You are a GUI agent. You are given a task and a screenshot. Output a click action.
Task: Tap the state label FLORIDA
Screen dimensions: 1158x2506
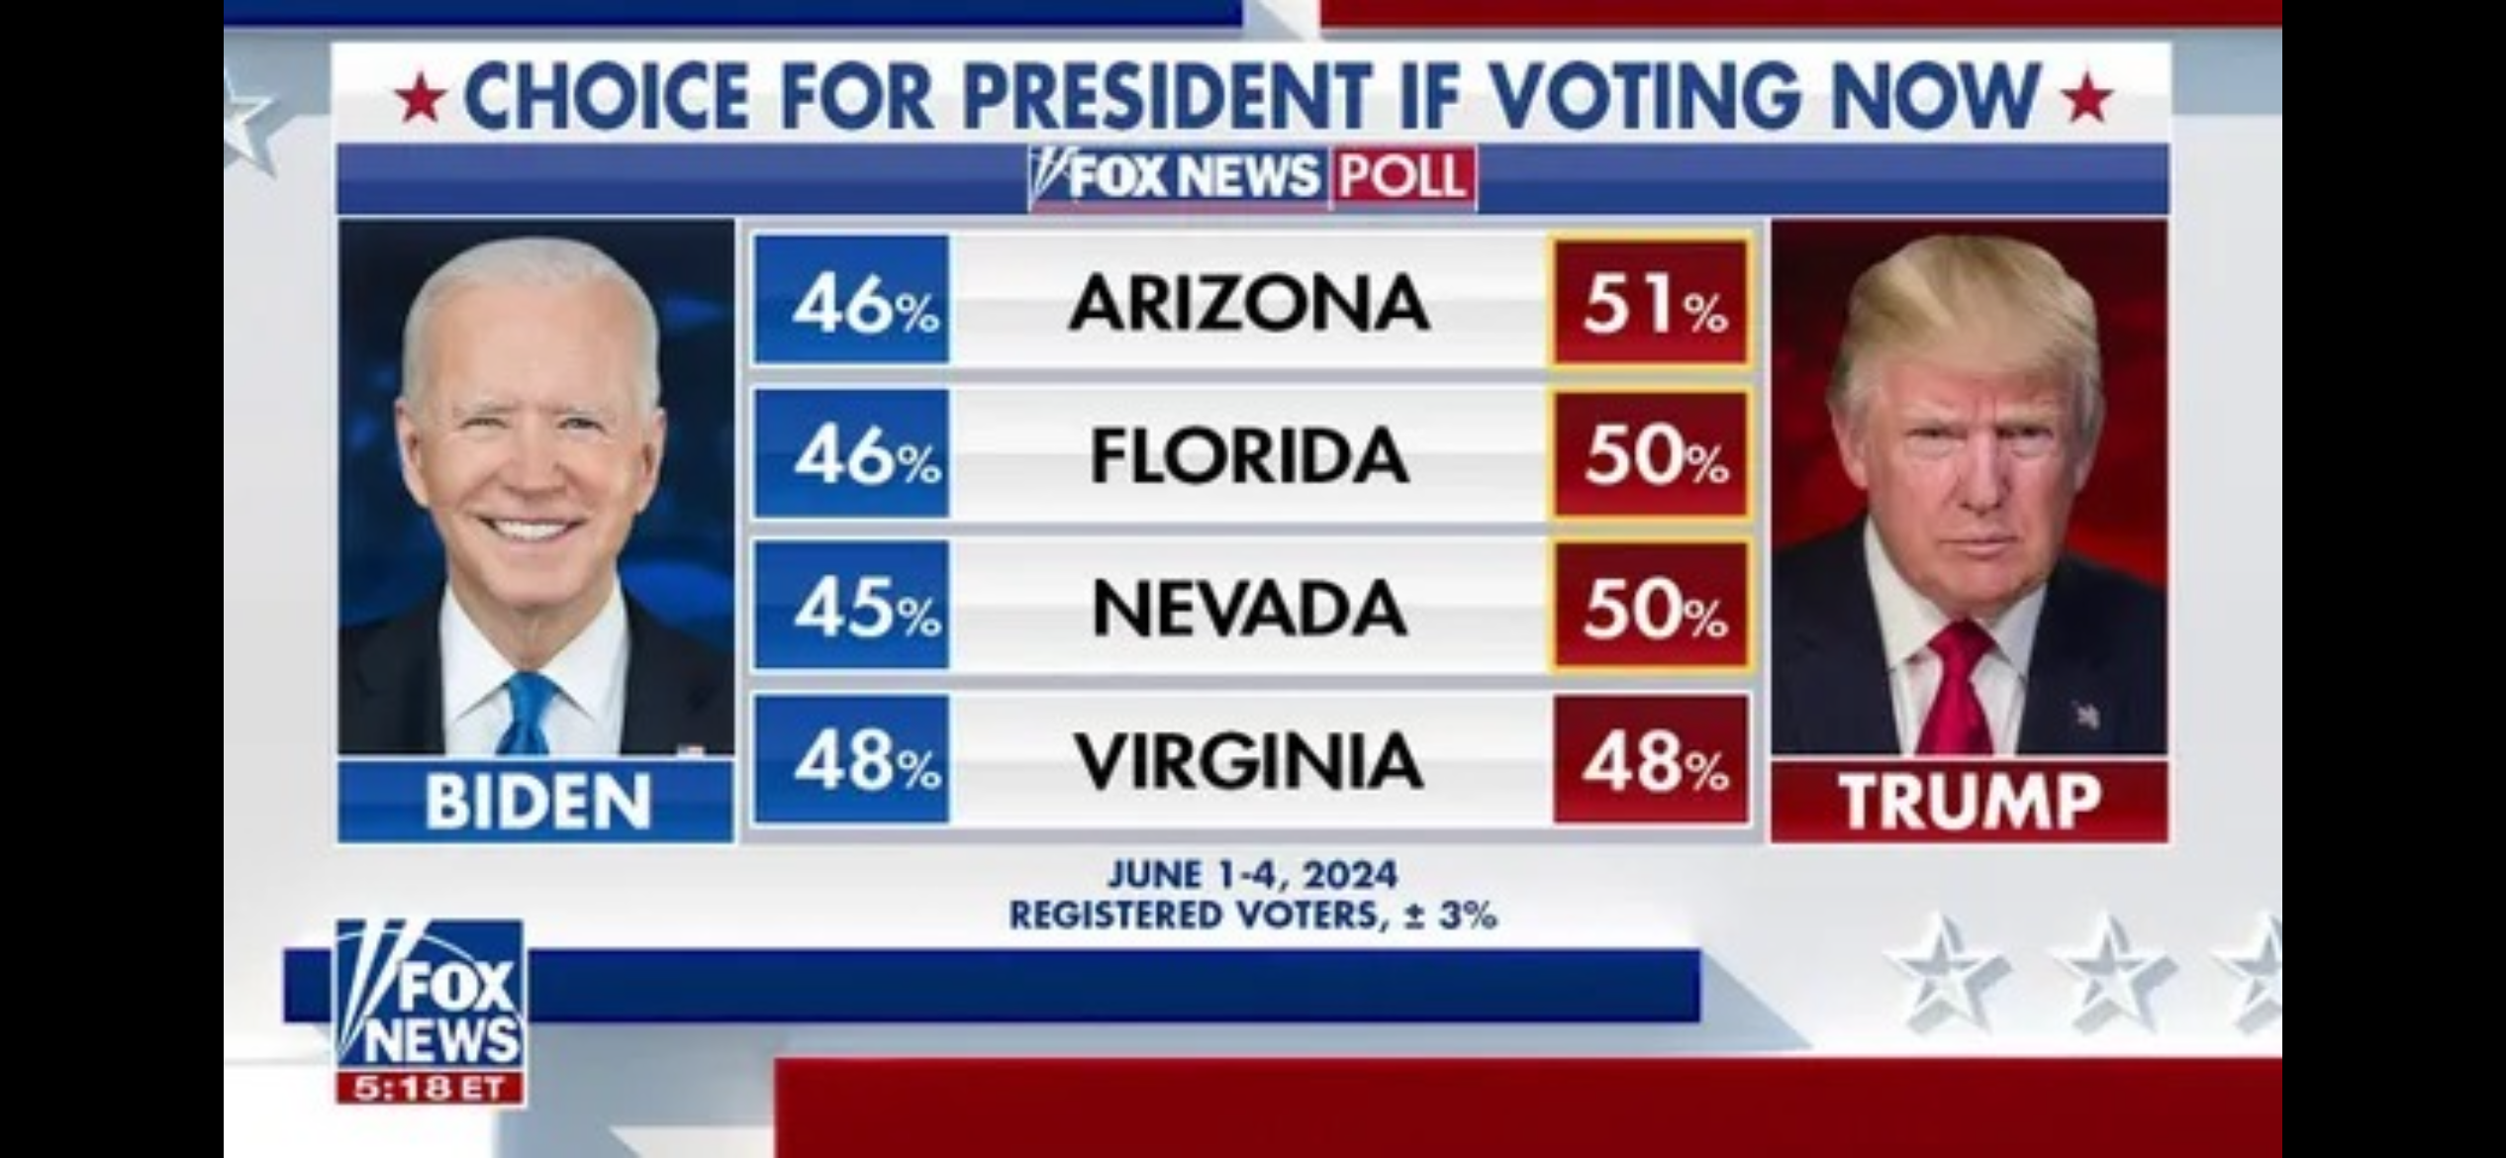tap(1249, 455)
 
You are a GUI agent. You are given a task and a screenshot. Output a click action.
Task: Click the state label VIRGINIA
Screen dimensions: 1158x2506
tap(1249, 760)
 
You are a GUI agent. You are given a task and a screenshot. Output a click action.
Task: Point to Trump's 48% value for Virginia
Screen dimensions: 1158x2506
tap(1651, 760)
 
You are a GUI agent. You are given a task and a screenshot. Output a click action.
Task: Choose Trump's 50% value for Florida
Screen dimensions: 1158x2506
tap(1651, 455)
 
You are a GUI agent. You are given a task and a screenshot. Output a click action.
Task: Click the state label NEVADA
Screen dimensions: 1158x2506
tap(1249, 607)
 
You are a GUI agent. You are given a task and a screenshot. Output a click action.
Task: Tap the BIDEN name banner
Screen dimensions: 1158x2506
tap(536, 801)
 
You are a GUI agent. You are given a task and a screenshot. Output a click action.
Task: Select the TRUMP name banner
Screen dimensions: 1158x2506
tap(1969, 801)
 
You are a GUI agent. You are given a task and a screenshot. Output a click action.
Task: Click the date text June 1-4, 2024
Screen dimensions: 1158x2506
tap(1252, 875)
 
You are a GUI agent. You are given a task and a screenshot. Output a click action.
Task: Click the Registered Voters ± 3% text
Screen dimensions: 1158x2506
tap(1252, 916)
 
